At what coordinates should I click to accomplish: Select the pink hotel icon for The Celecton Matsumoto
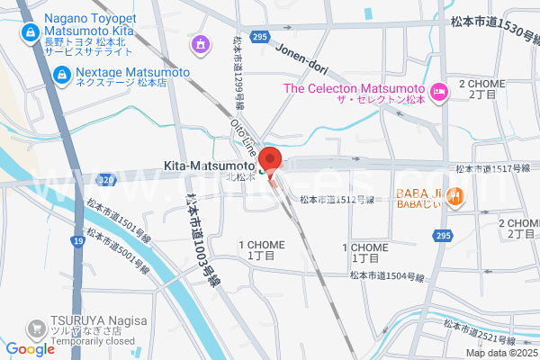(x=439, y=90)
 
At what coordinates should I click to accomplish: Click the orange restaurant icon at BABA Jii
(x=455, y=195)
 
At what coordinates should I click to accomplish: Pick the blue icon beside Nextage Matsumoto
(x=62, y=75)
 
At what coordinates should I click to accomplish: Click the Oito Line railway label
(x=245, y=137)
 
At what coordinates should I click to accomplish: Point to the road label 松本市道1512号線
(x=337, y=199)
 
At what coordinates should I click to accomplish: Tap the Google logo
(x=30, y=349)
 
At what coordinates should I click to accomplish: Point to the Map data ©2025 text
(x=500, y=352)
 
